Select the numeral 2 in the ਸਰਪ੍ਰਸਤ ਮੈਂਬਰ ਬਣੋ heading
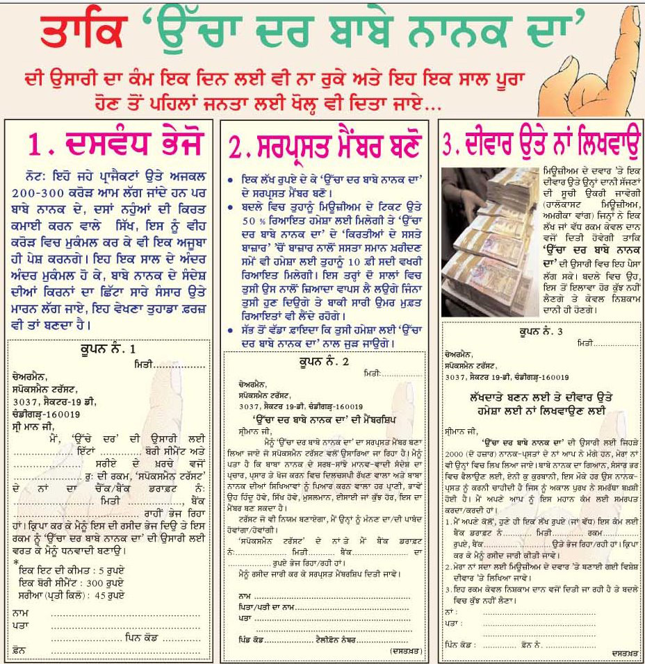(238, 147)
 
